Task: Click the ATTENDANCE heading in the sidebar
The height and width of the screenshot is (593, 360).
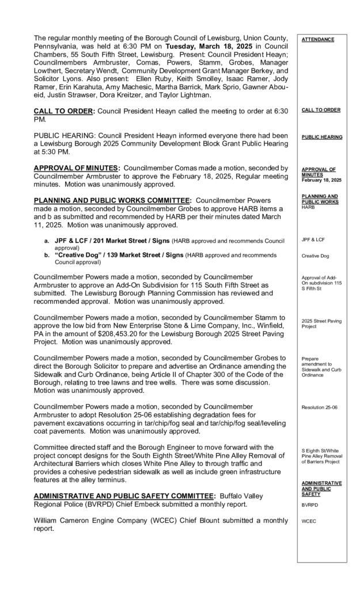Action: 317,39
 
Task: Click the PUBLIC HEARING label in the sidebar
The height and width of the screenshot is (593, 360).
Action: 321,137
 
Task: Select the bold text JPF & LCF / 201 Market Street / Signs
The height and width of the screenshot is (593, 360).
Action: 105,240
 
